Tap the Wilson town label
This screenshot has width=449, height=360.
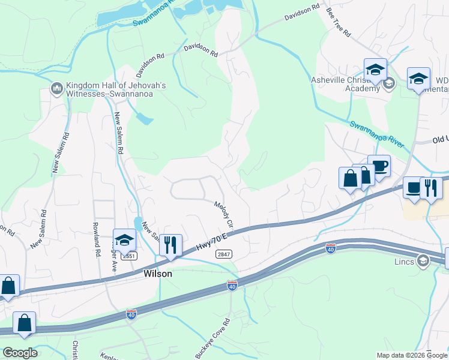click(x=158, y=274)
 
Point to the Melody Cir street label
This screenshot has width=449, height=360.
click(x=223, y=213)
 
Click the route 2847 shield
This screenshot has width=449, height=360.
click(x=223, y=254)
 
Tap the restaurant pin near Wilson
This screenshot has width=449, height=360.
click(x=170, y=245)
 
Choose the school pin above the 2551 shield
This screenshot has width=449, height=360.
click(x=124, y=239)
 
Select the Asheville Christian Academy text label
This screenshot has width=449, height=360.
click(x=346, y=84)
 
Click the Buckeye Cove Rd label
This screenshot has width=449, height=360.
click(x=212, y=338)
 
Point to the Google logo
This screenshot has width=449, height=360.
click(x=20, y=352)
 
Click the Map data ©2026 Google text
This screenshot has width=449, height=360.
click(x=411, y=355)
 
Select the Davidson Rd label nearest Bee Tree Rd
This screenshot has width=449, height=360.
click(x=303, y=11)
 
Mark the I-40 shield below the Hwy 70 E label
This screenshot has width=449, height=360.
click(x=232, y=285)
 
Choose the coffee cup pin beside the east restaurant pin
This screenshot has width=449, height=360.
click(x=414, y=187)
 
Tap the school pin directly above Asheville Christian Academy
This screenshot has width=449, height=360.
click(x=375, y=70)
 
